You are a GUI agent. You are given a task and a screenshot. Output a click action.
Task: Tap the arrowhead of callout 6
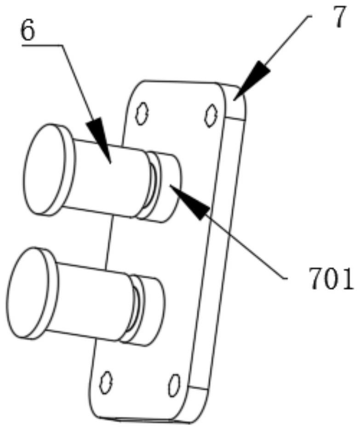pyautogui.click(x=102, y=138)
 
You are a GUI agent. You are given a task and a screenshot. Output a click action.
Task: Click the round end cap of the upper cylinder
pyautogui.click(x=44, y=169)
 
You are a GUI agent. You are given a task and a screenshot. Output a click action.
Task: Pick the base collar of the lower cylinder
pyautogui.click(x=152, y=310)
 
